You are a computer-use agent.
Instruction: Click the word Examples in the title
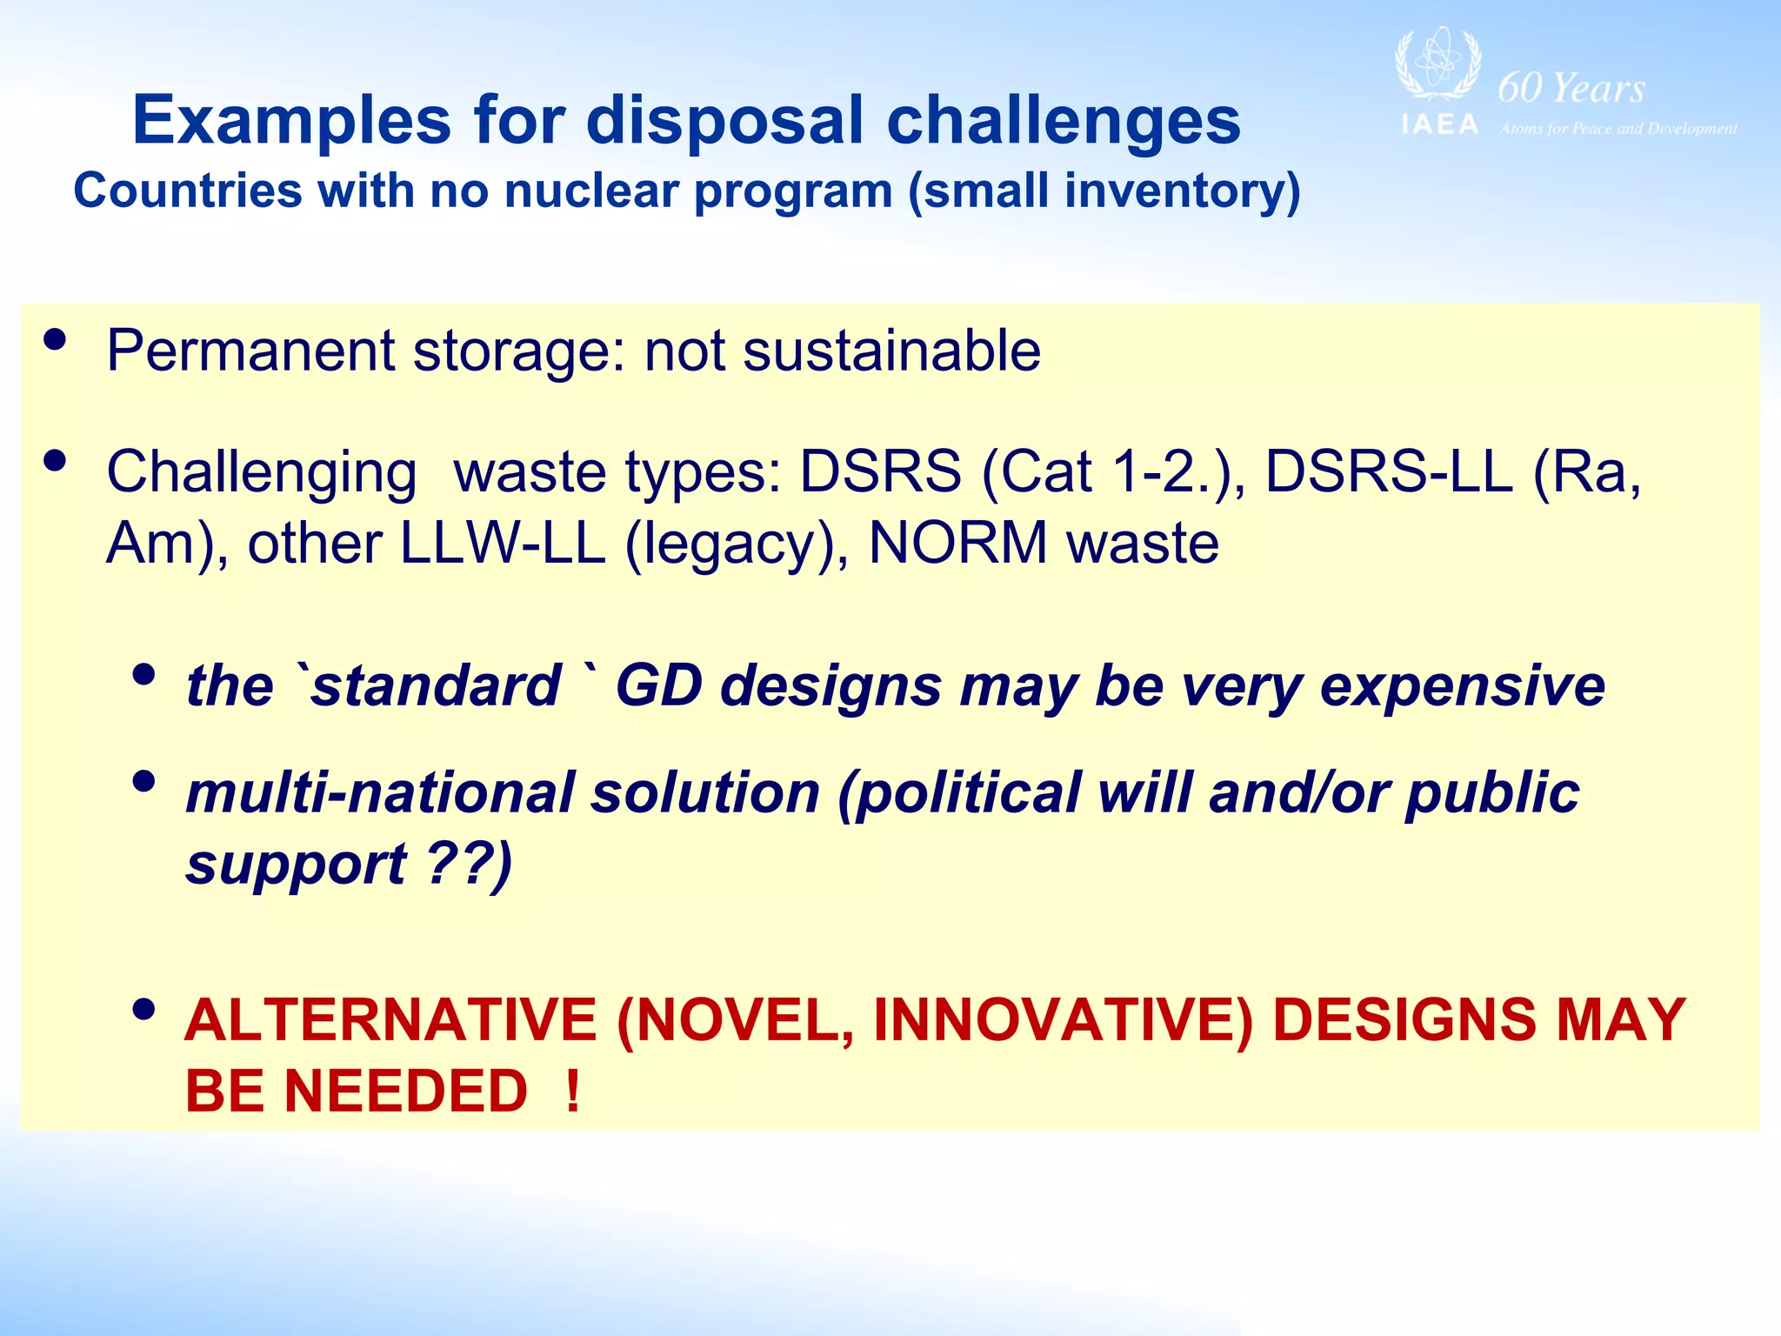tap(292, 120)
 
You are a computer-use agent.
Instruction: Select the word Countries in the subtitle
tap(188, 190)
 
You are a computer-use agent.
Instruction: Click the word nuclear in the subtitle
tap(590, 190)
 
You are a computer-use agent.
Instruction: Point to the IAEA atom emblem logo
tap(1437, 66)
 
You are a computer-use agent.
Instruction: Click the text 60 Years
tap(1571, 88)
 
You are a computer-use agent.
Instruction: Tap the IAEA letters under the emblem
tap(1440, 125)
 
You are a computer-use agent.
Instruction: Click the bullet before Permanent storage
tap(54, 340)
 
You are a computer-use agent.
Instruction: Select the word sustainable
tap(891, 351)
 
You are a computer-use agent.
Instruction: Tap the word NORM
tap(957, 544)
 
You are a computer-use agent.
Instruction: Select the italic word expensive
tap(1462, 685)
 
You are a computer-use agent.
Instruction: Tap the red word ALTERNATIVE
tap(390, 1019)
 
